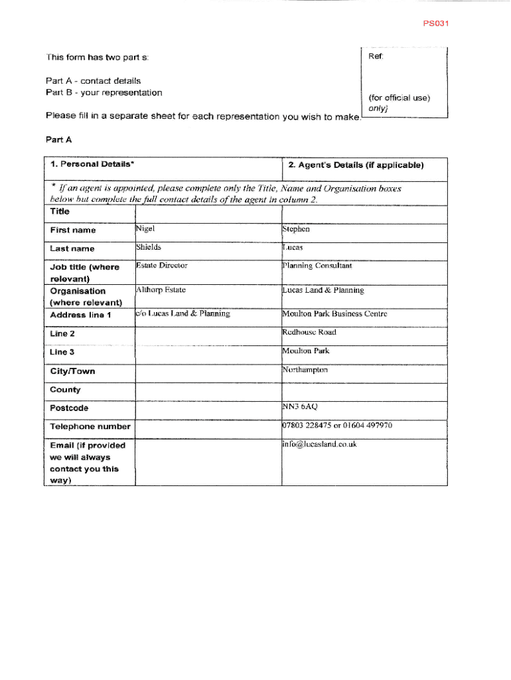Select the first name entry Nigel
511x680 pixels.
(145, 229)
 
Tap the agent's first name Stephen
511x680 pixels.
(296, 229)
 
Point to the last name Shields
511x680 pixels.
(149, 247)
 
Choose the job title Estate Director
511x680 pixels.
(162, 266)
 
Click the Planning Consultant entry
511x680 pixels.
(317, 266)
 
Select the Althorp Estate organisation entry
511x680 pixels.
(161, 290)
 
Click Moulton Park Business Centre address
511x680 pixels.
(334, 314)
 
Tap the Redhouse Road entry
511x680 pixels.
(309, 332)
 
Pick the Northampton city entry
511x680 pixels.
(305, 370)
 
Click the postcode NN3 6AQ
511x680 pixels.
(299, 406)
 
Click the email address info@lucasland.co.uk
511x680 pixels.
(319, 444)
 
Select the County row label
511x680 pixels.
(65, 390)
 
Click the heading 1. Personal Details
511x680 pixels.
(94, 164)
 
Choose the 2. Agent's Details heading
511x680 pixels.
(356, 165)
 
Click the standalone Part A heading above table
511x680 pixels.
(58, 140)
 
